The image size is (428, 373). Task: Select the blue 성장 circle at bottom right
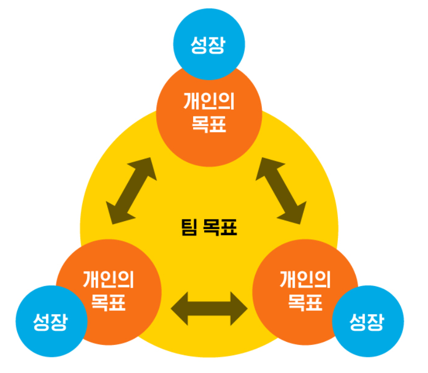point(367,321)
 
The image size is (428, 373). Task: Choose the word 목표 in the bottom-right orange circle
point(306,302)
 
